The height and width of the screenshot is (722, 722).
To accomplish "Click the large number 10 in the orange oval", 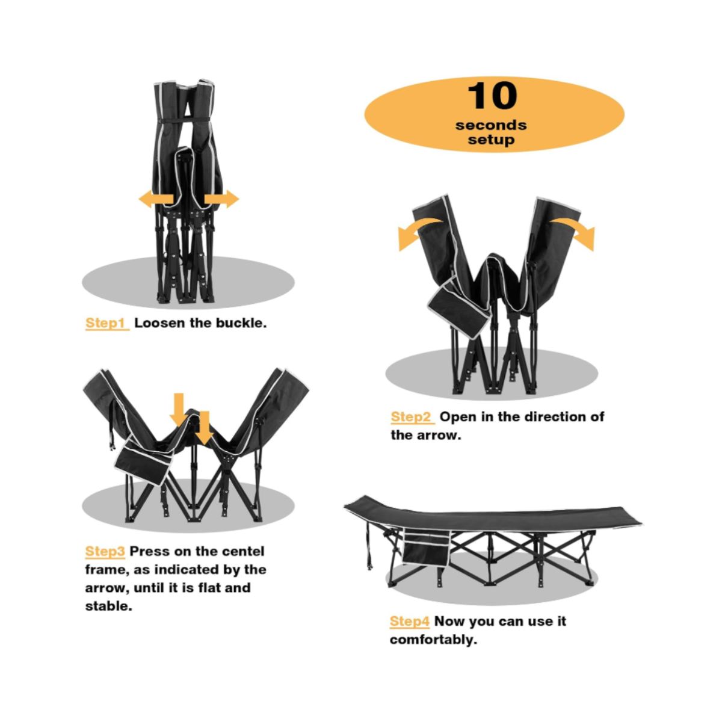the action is point(492,96).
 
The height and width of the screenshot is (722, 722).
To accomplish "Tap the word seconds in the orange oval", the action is point(491,125).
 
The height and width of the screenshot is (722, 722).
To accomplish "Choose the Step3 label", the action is point(105,551).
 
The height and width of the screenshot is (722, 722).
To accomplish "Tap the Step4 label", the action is point(410,621).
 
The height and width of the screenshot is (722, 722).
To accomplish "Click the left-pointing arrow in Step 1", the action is point(156,199).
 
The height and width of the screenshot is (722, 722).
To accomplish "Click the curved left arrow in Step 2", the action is point(416,230).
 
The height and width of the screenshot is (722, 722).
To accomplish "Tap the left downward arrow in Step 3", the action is point(179,410).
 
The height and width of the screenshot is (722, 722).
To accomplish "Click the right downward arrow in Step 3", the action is point(204,428).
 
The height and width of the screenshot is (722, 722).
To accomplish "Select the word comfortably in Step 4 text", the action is point(433,640).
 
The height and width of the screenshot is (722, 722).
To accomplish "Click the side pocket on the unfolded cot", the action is point(427,548).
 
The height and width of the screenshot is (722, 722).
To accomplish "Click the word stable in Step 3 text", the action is point(109,606).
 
